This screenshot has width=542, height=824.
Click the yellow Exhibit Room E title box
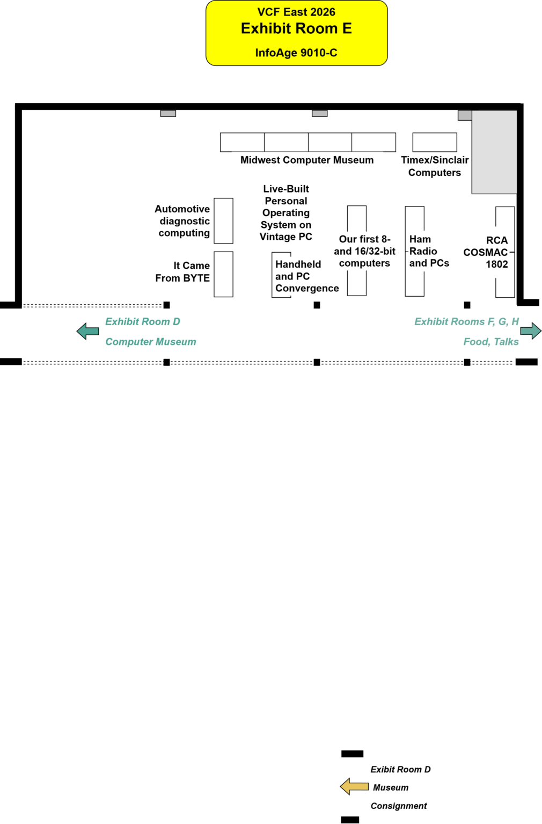pyautogui.click(x=296, y=33)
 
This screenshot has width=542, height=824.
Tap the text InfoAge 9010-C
pyautogui.click(x=296, y=53)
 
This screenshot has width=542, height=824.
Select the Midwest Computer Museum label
pyautogui.click(x=307, y=160)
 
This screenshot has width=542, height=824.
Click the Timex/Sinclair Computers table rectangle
pyautogui.click(x=435, y=142)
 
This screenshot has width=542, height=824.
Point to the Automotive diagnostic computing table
pyautogui.click(x=223, y=220)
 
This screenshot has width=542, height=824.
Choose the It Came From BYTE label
pyautogui.click(x=182, y=271)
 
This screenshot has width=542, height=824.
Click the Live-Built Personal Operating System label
pyautogui.click(x=286, y=212)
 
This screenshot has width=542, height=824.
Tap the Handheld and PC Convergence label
pyautogui.click(x=307, y=276)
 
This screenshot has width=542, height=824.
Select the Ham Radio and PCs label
pyautogui.click(x=429, y=251)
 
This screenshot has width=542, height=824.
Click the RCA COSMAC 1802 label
pyautogui.click(x=486, y=252)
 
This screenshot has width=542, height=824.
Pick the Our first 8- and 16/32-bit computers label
pyautogui.click(x=365, y=251)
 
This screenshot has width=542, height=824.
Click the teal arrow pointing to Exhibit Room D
pyautogui.click(x=87, y=332)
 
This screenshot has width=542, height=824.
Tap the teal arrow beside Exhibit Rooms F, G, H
pyautogui.click(x=531, y=331)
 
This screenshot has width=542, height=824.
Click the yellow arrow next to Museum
pyautogui.click(x=354, y=786)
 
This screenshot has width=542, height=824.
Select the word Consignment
pyautogui.click(x=399, y=806)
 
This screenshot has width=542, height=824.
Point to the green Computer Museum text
pyautogui.click(x=150, y=342)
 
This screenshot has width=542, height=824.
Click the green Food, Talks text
pyautogui.click(x=491, y=342)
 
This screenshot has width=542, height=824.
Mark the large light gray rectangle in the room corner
pyautogui.click(x=494, y=152)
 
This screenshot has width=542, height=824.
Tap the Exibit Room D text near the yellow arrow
pyautogui.click(x=400, y=769)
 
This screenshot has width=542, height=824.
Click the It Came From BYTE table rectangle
pyautogui.click(x=223, y=274)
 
